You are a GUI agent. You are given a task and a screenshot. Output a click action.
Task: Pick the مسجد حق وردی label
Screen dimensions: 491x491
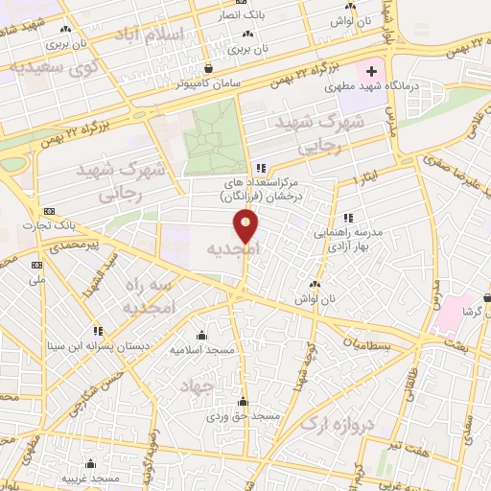tap(245, 417)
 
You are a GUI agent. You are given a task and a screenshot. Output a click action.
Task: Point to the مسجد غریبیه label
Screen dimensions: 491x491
tap(91, 478)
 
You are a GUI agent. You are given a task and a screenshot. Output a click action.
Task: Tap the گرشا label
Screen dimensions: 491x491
tap(471, 312)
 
